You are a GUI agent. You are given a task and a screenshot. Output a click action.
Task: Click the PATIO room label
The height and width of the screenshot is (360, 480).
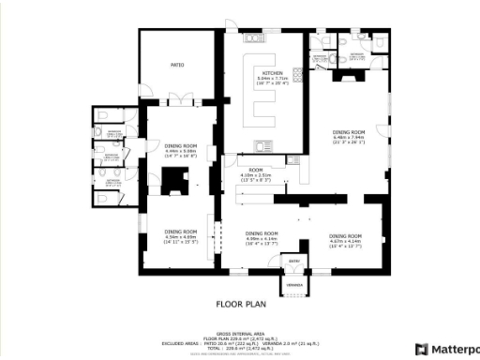point(175,66)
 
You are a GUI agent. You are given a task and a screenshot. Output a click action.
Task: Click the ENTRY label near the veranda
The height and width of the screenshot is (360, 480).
point(294,262)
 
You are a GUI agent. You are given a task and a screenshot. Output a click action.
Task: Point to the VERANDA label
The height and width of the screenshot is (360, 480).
point(295,282)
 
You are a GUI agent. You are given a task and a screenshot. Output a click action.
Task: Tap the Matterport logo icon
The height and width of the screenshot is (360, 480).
point(423,349)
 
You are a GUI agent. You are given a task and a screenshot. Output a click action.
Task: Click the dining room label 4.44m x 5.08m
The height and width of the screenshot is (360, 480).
point(181,148)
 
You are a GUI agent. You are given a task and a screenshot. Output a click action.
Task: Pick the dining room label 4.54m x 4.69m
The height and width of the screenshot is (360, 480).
point(181,234)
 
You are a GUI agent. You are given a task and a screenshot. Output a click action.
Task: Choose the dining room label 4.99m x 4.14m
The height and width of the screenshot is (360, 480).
point(262,236)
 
